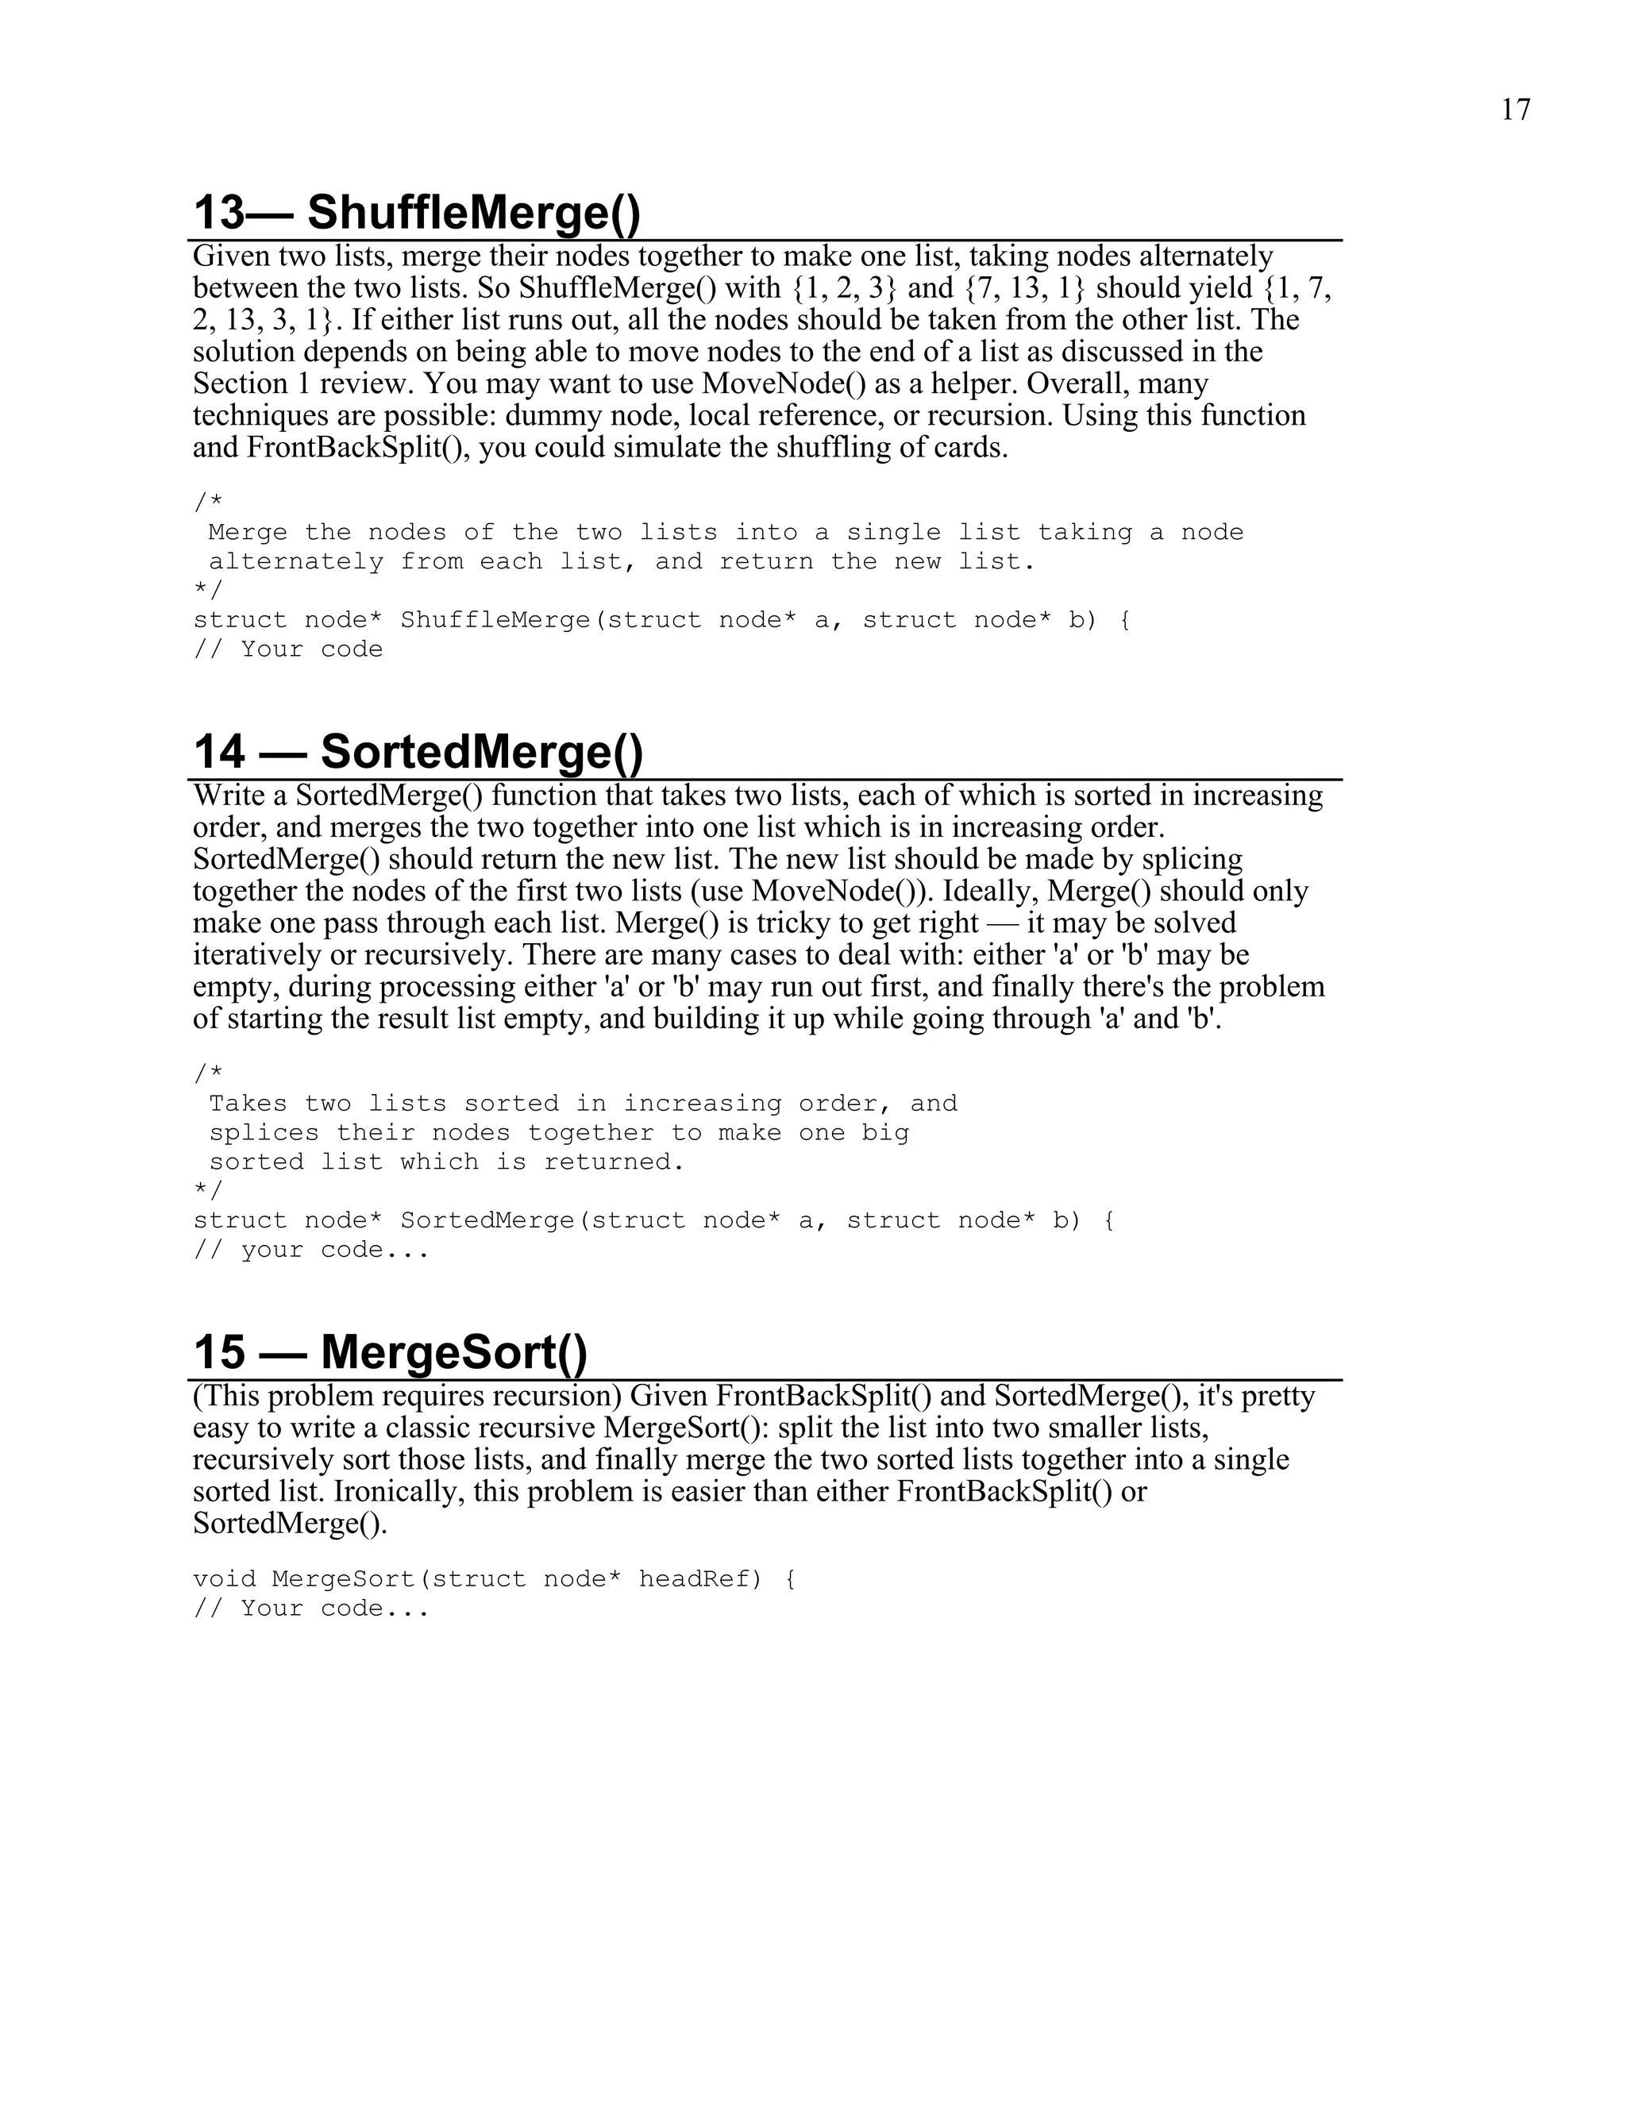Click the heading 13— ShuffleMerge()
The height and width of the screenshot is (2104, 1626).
[x=416, y=212]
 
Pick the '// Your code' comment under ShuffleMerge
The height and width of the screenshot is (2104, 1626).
[x=288, y=649]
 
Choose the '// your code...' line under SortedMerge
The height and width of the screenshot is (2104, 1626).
[x=311, y=1250]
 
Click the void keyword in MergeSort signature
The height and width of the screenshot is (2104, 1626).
[x=225, y=1579]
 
